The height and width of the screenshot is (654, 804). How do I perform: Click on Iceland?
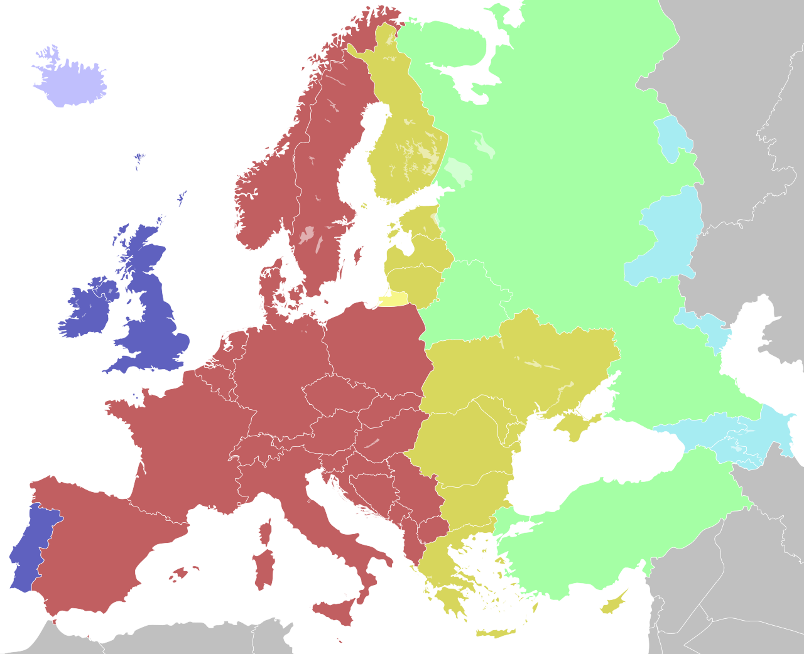69,82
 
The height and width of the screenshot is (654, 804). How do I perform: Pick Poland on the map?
377,345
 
